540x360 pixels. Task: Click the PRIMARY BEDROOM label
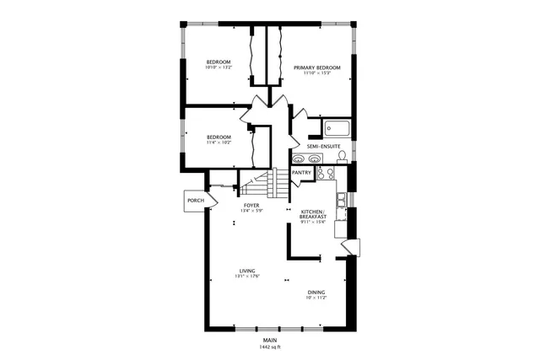point(317,67)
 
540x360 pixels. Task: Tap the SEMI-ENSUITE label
point(324,146)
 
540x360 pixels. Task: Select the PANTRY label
point(301,174)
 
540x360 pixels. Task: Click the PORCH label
point(196,200)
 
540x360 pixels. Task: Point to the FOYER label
point(251,205)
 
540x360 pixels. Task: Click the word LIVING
point(247,271)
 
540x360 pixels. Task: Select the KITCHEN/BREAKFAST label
point(313,214)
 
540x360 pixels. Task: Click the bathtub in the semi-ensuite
point(337,130)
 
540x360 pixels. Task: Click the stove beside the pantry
point(326,174)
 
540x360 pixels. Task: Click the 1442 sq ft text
point(270,347)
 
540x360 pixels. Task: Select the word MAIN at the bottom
point(270,341)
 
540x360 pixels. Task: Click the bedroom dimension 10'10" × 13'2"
point(219,67)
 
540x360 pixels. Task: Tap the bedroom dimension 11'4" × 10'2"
point(219,142)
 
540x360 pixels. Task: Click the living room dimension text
point(247,277)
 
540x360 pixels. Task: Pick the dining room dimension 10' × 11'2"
point(316,298)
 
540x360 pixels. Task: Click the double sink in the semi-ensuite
point(300,158)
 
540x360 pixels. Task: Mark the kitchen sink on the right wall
point(341,200)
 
